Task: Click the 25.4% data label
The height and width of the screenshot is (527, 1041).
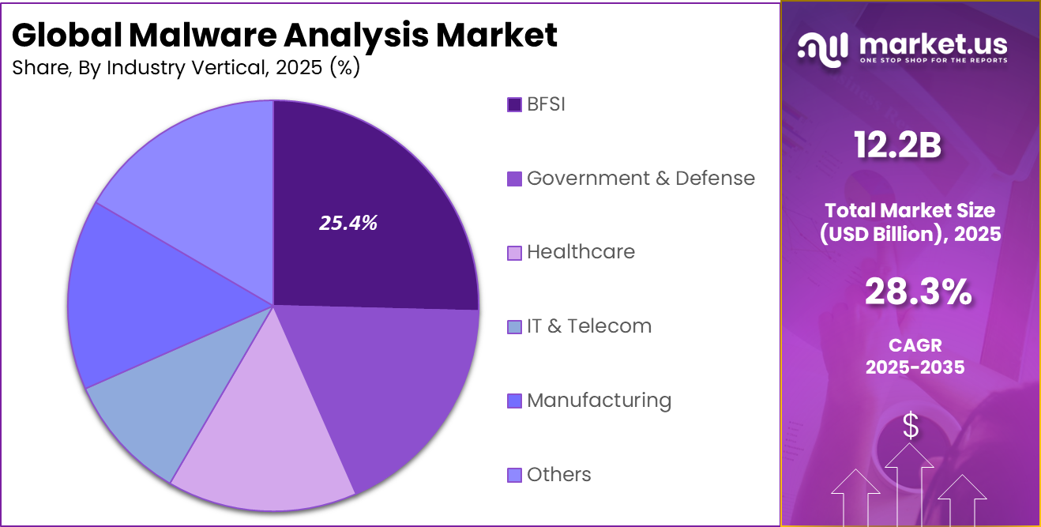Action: tap(348, 224)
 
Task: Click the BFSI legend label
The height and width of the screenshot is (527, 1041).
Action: tap(546, 104)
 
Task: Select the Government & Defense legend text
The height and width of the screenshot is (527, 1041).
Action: tap(641, 179)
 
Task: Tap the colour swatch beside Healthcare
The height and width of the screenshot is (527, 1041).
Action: tap(514, 253)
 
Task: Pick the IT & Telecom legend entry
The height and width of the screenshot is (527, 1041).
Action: tap(588, 326)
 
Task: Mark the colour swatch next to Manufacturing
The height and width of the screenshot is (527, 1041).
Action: tap(514, 401)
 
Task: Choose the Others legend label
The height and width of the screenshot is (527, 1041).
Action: tap(558, 475)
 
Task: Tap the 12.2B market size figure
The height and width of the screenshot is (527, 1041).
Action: tap(897, 146)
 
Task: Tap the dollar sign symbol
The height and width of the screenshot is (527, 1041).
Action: tap(911, 427)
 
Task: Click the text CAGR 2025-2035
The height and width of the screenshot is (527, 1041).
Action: tap(915, 356)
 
